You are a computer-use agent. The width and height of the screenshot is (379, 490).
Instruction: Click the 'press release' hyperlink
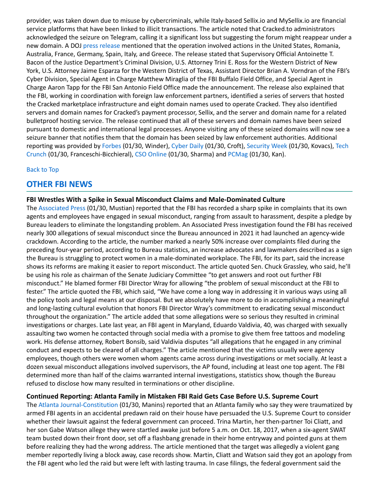[x=101, y=45]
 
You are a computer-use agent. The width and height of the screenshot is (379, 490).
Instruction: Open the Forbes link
[x=111, y=146]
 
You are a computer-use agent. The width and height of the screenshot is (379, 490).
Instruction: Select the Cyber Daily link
[x=187, y=146]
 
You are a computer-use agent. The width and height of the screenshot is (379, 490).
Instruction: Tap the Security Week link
[x=267, y=146]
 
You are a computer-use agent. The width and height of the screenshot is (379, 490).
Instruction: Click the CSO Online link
[x=150, y=154]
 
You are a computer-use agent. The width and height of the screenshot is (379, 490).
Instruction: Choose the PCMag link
[x=237, y=154]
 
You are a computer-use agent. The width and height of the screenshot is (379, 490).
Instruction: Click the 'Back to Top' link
[x=43, y=169]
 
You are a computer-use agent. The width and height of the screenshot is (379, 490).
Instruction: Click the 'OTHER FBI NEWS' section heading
[x=59, y=184]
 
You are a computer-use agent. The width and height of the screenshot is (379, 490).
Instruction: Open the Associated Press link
[x=62, y=208]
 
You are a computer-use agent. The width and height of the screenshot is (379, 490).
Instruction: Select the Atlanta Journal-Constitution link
[x=78, y=404]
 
